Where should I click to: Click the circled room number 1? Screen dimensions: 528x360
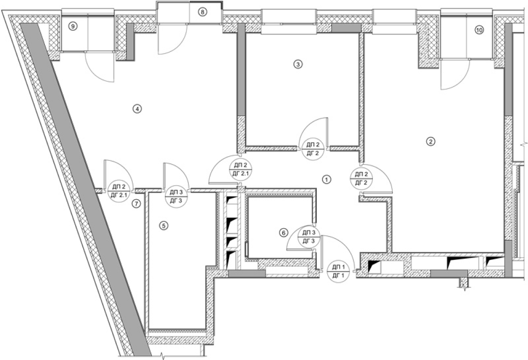[x=327, y=179]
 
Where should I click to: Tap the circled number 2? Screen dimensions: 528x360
[x=431, y=141]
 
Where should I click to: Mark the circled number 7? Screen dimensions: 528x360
[x=136, y=203]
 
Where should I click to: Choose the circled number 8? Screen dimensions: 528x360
[x=202, y=12]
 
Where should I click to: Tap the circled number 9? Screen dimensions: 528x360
[x=72, y=26]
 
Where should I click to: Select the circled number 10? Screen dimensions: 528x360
[x=479, y=29]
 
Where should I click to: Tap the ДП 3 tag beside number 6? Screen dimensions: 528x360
[x=309, y=237]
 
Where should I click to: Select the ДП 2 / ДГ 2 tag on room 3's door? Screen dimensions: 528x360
[x=311, y=149]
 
